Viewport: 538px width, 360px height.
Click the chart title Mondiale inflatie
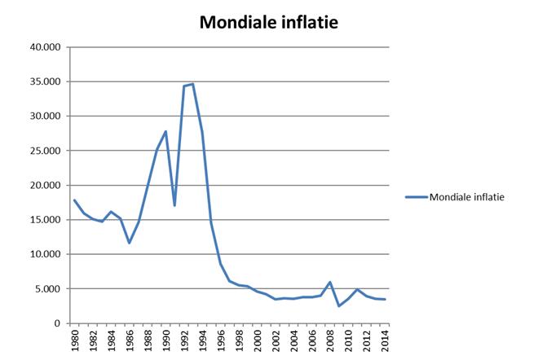pyautogui.click(x=268, y=24)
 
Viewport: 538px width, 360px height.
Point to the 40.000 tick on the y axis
pyautogui.click(x=46, y=47)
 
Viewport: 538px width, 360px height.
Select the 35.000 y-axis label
pyautogui.click(x=46, y=81)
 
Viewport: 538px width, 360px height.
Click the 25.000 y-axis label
pyautogui.click(x=46, y=151)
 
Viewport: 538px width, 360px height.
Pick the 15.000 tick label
pyautogui.click(x=46, y=220)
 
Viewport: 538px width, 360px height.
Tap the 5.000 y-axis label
pyautogui.click(x=48, y=288)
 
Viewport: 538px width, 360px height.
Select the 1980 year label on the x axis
pyautogui.click(x=74, y=340)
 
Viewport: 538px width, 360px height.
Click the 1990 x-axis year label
pyautogui.click(x=165, y=340)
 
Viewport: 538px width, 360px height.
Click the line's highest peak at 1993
pyautogui.click(x=193, y=84)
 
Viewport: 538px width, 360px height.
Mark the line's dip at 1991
pyautogui.click(x=174, y=205)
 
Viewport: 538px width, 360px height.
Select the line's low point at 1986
pyautogui.click(x=129, y=243)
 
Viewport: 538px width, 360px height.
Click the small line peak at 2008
pyautogui.click(x=329, y=282)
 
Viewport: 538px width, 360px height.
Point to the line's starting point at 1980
pyautogui.click(x=74, y=200)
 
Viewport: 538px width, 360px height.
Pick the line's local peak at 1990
pyautogui.click(x=165, y=131)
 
